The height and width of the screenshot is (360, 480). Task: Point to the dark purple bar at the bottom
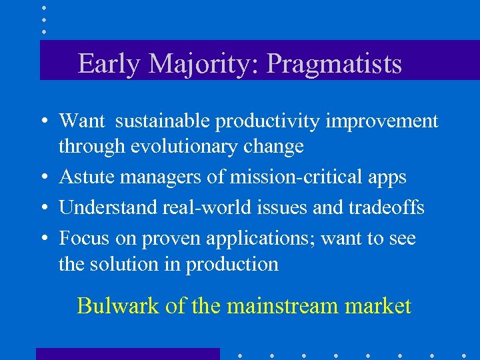(x=127, y=353)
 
